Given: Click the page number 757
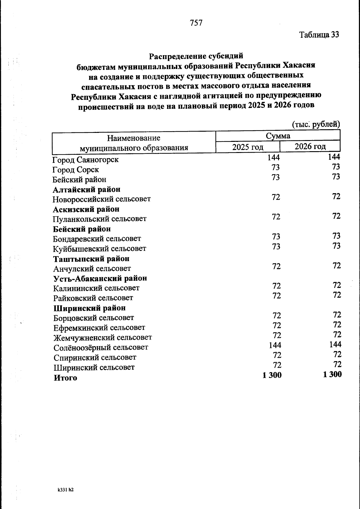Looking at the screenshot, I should (x=196, y=23).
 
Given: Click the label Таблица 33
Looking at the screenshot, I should (x=319, y=35).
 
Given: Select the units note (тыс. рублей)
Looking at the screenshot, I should (x=316, y=124).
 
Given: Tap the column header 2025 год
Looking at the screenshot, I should (x=248, y=147).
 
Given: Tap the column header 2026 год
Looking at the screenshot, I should (x=310, y=146).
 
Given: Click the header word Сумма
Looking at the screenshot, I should (x=278, y=136).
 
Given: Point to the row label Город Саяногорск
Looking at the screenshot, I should (x=85, y=160).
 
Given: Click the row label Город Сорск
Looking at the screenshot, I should (x=76, y=170).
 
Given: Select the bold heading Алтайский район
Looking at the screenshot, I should (x=87, y=190).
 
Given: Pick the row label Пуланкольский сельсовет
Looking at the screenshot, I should (x=100, y=219).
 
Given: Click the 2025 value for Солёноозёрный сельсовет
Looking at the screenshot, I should (x=275, y=345).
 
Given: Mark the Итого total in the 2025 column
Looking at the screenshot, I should (x=272, y=375).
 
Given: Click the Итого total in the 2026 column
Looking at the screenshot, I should (x=332, y=374).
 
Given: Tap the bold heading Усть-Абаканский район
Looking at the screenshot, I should (x=100, y=278).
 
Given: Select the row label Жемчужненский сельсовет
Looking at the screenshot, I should (x=103, y=338).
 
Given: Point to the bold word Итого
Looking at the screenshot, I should (x=65, y=378).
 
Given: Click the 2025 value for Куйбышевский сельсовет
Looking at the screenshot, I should (x=276, y=247).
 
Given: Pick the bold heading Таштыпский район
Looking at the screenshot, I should (x=91, y=259).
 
